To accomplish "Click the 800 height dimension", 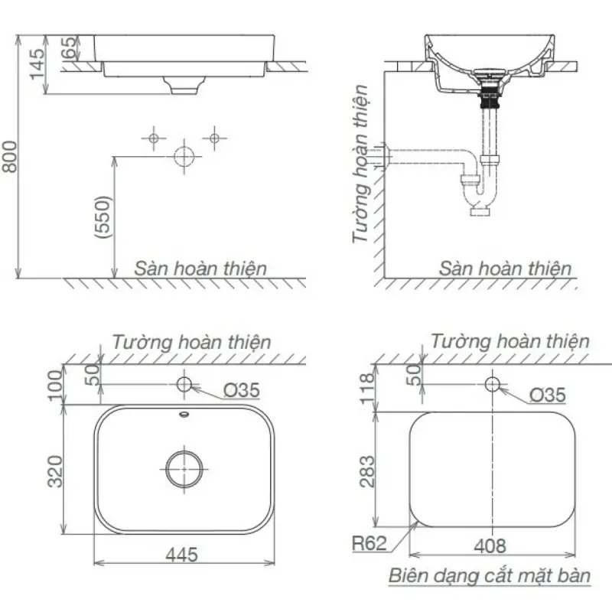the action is (x=10, y=156).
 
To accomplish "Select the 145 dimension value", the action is (x=37, y=64).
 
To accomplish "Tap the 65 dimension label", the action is (x=69, y=47).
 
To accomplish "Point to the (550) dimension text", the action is (x=103, y=217).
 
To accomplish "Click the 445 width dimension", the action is (x=181, y=554).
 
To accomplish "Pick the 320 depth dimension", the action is (x=54, y=471).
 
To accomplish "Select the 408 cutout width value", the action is (x=490, y=546).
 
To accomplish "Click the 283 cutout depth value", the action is (x=367, y=471).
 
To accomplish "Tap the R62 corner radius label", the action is (x=369, y=543).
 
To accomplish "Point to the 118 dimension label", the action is (x=366, y=389).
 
